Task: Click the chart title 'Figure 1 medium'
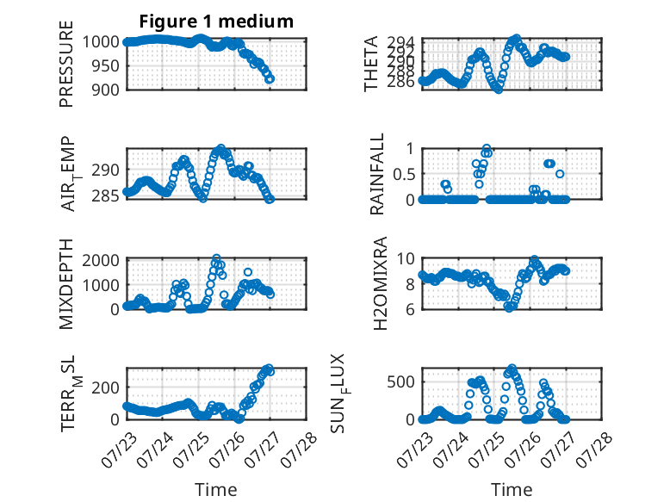point(216,22)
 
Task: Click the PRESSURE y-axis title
point(66,64)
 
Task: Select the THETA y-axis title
point(371,64)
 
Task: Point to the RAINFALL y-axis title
point(377,174)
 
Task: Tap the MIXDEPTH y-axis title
point(66,284)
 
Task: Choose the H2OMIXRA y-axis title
point(380,283)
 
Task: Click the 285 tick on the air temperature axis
point(106,195)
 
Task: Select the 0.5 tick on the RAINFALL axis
point(404,174)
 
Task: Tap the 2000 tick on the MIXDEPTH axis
point(101,260)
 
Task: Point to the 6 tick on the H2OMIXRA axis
point(411,309)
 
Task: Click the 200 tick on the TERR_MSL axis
point(106,387)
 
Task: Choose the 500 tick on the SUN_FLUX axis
point(401,382)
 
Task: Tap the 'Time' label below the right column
point(512,489)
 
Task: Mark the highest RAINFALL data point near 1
point(487,149)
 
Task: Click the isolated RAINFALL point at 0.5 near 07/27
point(560,174)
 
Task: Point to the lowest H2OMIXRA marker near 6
point(508,307)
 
